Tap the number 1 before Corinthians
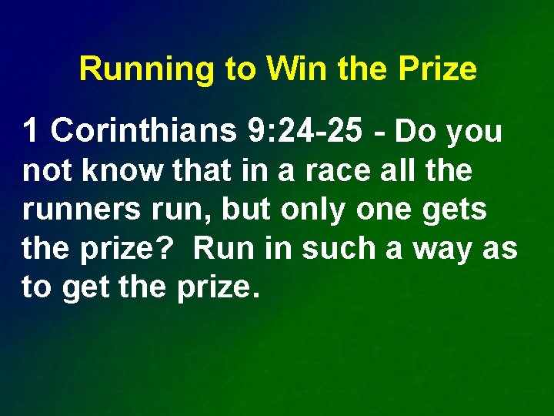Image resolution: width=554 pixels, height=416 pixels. point(31,132)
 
